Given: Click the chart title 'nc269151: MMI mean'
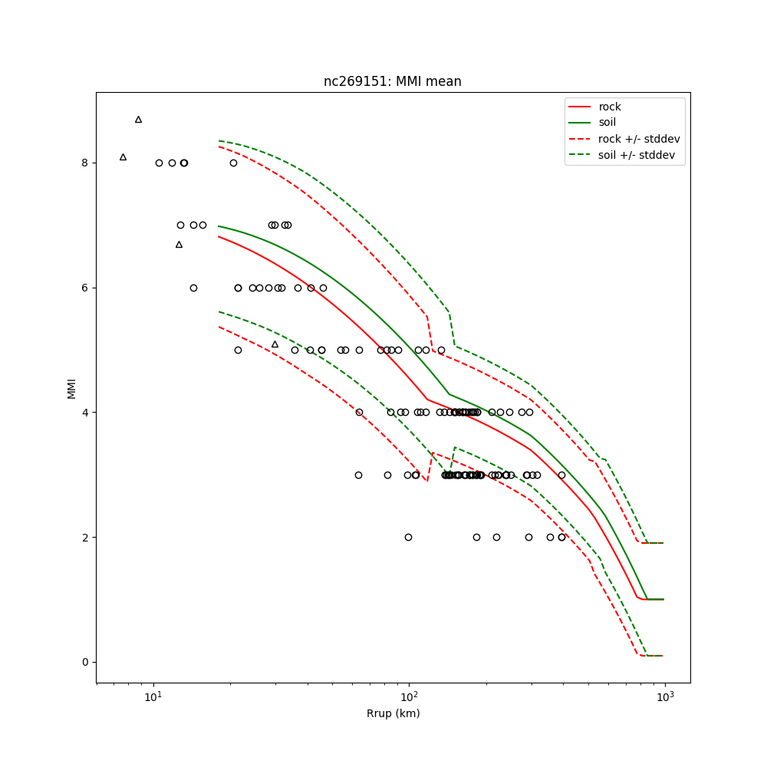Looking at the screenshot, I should [x=392, y=81].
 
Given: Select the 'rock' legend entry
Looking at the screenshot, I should [x=610, y=107].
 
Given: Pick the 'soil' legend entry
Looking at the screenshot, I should [x=607, y=122].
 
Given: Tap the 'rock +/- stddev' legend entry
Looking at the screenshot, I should [x=639, y=138].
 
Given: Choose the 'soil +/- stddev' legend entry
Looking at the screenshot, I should [x=638, y=154].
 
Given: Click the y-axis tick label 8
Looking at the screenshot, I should [x=86, y=163].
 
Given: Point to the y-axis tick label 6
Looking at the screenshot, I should [x=86, y=288].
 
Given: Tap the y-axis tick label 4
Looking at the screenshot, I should [x=86, y=413].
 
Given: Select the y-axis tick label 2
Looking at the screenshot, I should [x=86, y=537].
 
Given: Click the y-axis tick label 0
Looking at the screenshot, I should [x=86, y=662].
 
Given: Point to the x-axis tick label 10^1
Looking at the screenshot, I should [x=153, y=696].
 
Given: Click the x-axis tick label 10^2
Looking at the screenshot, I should [x=409, y=696].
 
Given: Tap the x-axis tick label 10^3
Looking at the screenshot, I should [x=664, y=696].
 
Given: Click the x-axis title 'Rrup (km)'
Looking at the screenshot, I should [x=393, y=713].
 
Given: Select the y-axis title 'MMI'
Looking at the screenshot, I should [x=71, y=387].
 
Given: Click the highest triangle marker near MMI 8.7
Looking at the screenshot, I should [x=138, y=120].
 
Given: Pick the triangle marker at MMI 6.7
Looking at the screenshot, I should [x=179, y=245].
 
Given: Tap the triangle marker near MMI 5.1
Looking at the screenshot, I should [x=275, y=344].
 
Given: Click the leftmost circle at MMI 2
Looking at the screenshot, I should [x=408, y=537].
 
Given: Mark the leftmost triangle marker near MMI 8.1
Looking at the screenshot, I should [x=123, y=157].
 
